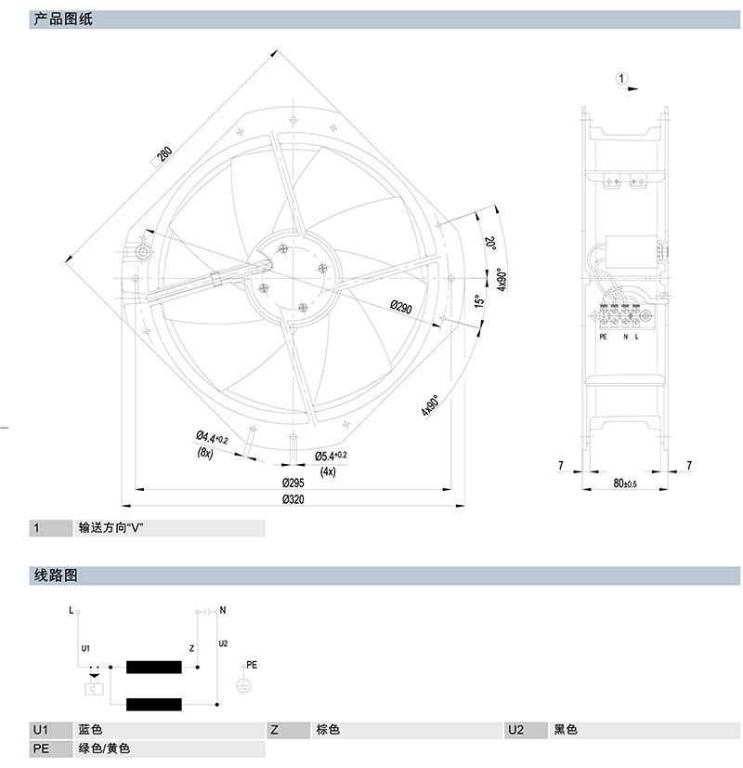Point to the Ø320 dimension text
click(294, 499)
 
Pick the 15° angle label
click(479, 303)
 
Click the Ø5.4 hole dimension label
click(330, 456)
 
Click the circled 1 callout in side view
click(622, 80)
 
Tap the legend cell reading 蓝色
click(91, 730)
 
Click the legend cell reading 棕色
click(328, 730)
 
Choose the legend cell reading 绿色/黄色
click(104, 748)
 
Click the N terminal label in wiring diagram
click(223, 611)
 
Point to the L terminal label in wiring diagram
click(72, 611)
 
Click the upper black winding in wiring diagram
click(154, 667)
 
